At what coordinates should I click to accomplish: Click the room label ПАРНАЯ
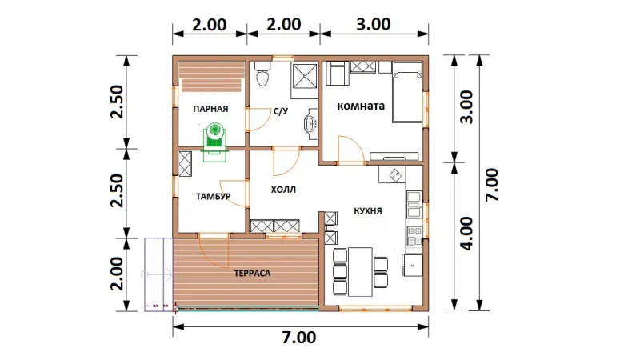pyautogui.click(x=210, y=109)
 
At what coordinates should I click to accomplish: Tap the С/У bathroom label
pyautogui.click(x=281, y=110)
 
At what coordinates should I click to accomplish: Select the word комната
pyautogui.click(x=361, y=106)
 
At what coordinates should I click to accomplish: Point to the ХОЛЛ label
pyautogui.click(x=283, y=190)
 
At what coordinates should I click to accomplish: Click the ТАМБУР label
pyautogui.click(x=213, y=197)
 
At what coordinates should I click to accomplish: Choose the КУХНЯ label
pyautogui.click(x=368, y=211)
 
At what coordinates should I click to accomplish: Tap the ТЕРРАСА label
pyautogui.click(x=252, y=274)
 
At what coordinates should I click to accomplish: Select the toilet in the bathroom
pyautogui.click(x=262, y=74)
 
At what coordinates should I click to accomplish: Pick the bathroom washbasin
pyautogui.click(x=311, y=123)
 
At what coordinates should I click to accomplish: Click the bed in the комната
pyautogui.click(x=407, y=92)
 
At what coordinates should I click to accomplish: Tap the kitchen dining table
pyautogui.click(x=360, y=271)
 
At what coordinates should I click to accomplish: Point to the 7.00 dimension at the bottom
pyautogui.click(x=299, y=338)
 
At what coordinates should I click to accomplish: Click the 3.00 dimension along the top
pyautogui.click(x=374, y=24)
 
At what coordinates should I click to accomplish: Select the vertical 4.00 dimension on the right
pyautogui.click(x=467, y=234)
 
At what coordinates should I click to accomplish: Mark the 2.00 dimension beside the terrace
pyautogui.click(x=117, y=274)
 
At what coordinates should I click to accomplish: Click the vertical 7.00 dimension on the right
pyautogui.click(x=492, y=185)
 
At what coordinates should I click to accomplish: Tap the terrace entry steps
pyautogui.click(x=158, y=274)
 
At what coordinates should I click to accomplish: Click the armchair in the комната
pyautogui.click(x=337, y=73)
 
